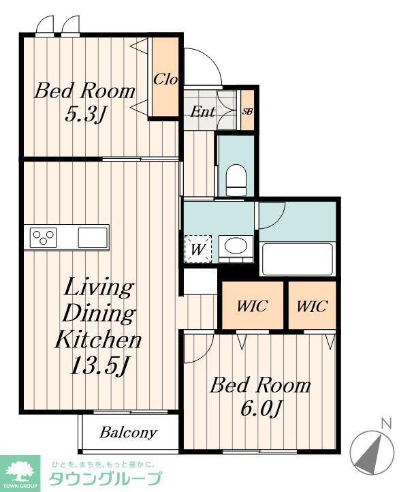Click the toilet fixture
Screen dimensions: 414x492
click(x=236, y=181)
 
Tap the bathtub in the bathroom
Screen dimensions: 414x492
click(x=297, y=259)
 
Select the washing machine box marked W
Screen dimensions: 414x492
click(x=198, y=249)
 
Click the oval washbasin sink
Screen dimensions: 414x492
click(x=236, y=249)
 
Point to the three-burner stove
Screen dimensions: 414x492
click(x=44, y=238)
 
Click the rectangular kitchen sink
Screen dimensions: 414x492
click(x=93, y=238)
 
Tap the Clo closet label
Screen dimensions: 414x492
click(x=165, y=79)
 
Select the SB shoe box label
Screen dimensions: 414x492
click(x=247, y=111)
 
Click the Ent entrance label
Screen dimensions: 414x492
click(x=203, y=112)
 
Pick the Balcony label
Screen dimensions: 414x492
click(x=128, y=433)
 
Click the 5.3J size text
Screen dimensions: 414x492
click(x=84, y=115)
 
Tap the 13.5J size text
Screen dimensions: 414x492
click(x=100, y=365)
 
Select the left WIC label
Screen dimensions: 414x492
click(x=253, y=306)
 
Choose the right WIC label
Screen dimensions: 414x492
click(x=312, y=306)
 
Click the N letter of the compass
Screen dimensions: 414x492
click(x=387, y=424)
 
